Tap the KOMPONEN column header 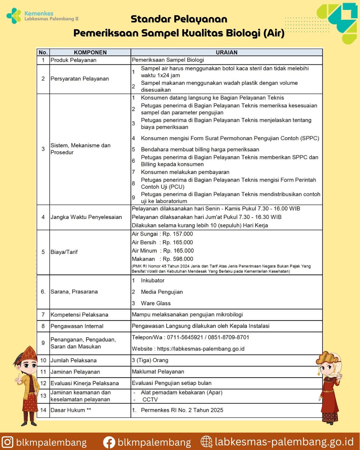(90, 52)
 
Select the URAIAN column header (226, 52)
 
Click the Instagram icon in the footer (7, 442)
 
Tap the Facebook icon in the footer (109, 442)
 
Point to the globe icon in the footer (206, 442)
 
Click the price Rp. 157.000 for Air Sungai (178, 234)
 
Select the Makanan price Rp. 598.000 (178, 259)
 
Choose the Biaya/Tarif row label (64, 252)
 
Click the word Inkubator (153, 281)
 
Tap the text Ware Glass (156, 303)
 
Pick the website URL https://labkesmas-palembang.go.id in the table (201, 349)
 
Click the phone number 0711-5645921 (185, 337)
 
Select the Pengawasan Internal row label (77, 326)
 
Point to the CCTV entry (150, 400)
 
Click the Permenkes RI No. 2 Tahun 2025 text (182, 410)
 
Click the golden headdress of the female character (329, 357)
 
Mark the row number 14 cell (43, 410)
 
